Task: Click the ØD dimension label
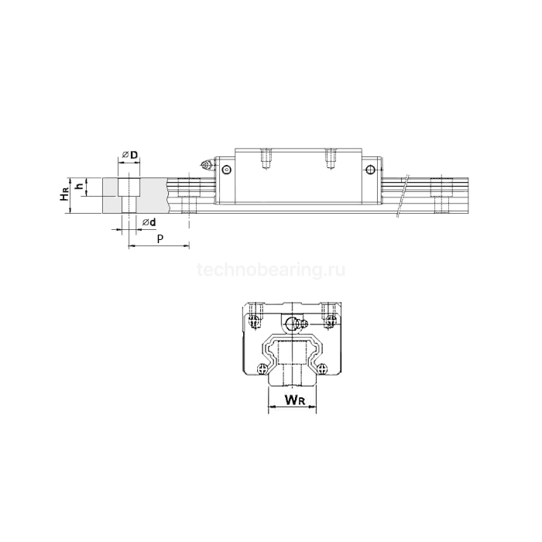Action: [x=130, y=155]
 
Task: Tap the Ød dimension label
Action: [x=149, y=222]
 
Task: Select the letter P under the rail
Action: [x=160, y=238]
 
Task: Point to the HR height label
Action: [x=64, y=195]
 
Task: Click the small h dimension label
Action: [x=80, y=187]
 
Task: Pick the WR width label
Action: [x=295, y=400]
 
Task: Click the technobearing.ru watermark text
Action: [x=271, y=269]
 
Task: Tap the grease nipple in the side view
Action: [x=208, y=165]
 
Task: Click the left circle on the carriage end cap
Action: [x=226, y=170]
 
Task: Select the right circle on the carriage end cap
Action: [x=370, y=170]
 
